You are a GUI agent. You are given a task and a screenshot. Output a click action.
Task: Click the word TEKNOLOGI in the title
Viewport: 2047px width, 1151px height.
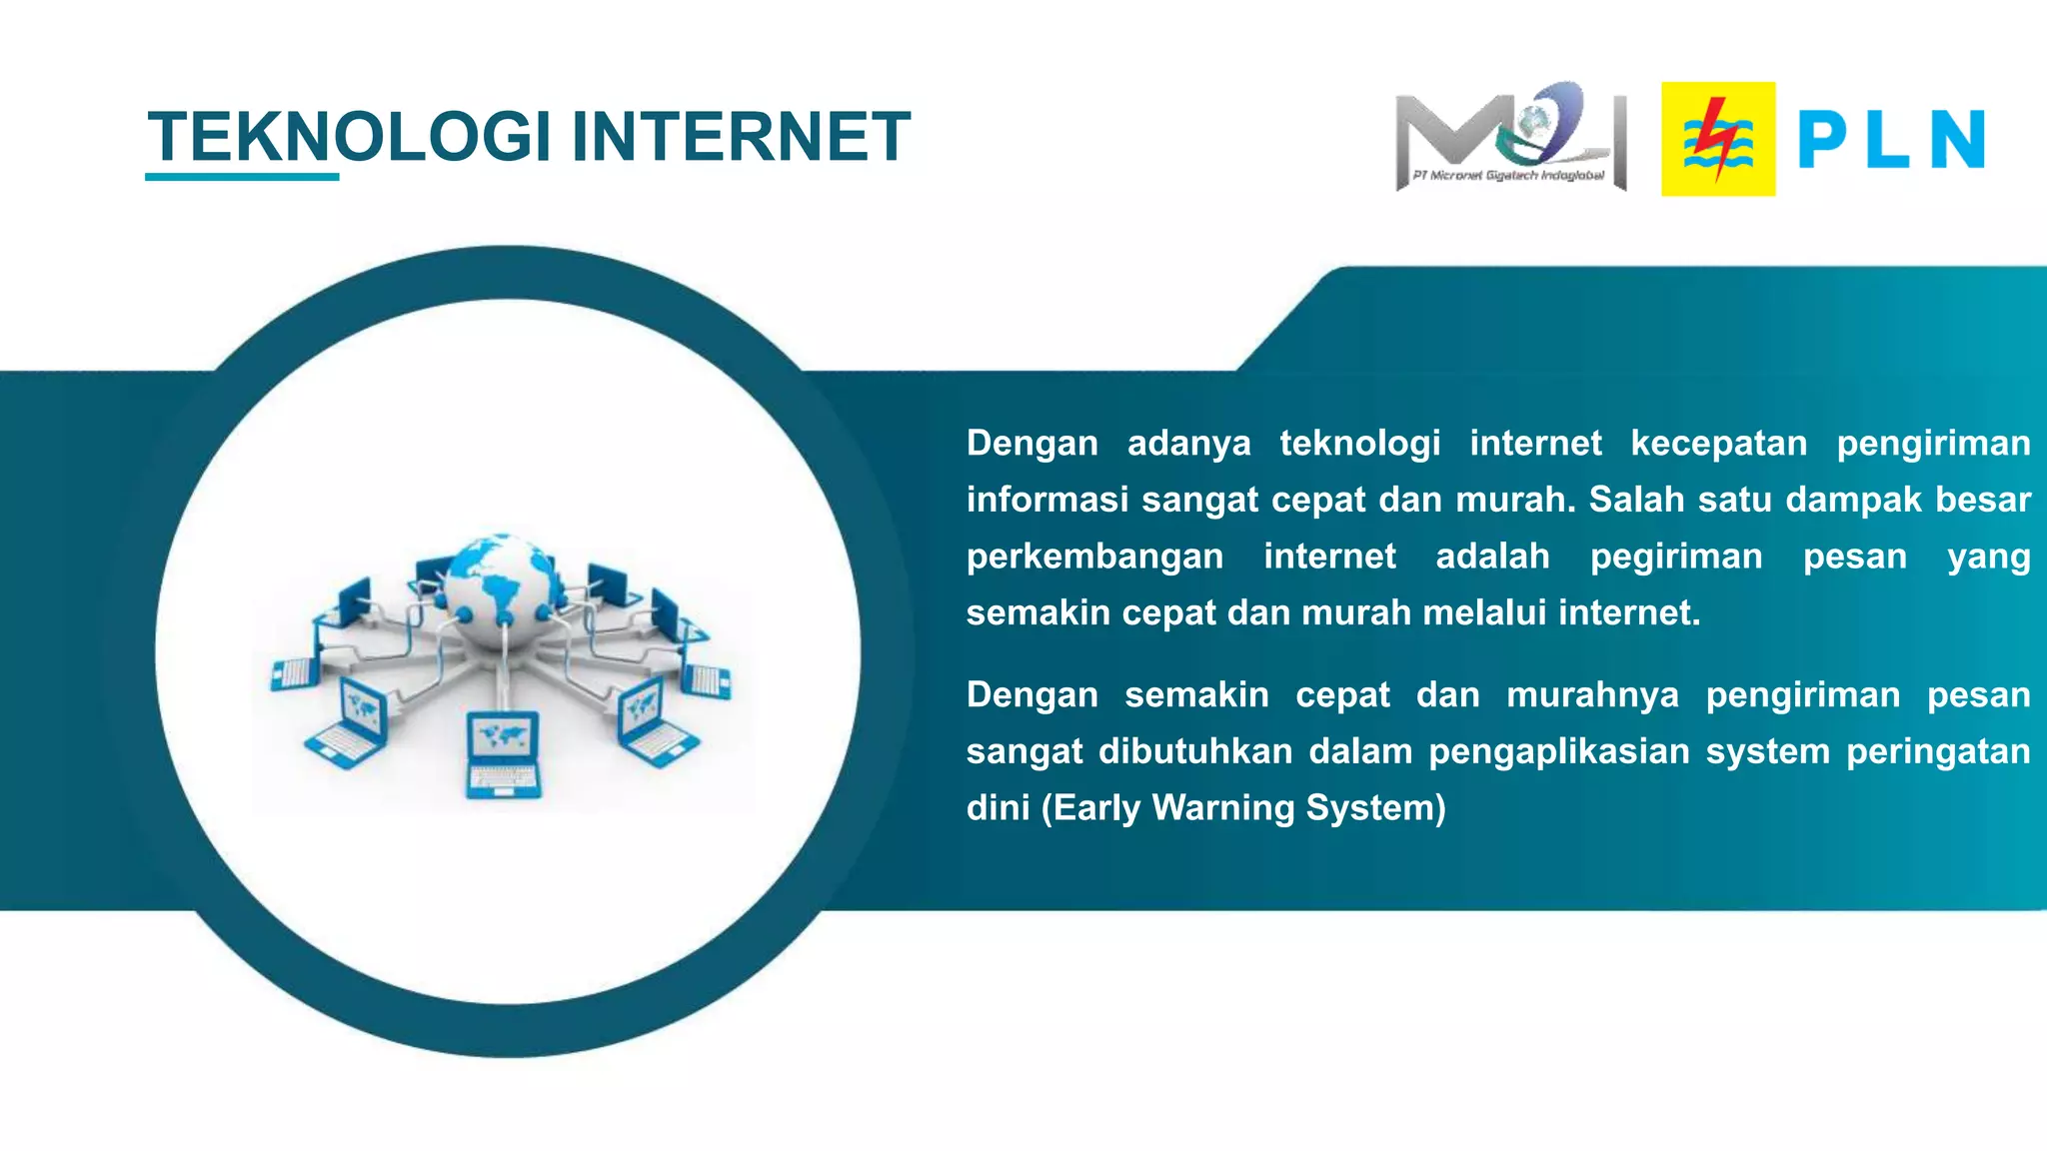(349, 137)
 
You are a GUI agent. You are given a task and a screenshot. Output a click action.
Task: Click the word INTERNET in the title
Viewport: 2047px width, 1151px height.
(741, 137)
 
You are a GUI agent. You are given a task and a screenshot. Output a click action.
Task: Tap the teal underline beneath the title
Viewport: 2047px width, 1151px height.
(242, 177)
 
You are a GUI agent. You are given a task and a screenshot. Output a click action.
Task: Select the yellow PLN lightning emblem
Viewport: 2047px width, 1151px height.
(1718, 139)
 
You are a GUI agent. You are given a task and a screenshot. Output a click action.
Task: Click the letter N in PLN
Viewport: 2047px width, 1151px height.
(1956, 140)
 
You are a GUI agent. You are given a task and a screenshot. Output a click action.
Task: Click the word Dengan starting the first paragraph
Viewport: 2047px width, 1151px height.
(1031, 443)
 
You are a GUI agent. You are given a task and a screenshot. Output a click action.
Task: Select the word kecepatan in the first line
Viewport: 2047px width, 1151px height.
(1718, 443)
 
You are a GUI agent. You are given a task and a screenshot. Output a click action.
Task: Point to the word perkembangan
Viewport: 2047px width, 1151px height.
(1094, 556)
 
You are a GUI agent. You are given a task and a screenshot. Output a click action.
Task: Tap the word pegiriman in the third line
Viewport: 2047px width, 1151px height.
(1676, 556)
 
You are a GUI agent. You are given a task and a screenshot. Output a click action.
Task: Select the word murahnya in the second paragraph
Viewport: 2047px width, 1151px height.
(1592, 694)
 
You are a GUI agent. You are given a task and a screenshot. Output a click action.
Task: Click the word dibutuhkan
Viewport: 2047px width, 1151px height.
(1195, 751)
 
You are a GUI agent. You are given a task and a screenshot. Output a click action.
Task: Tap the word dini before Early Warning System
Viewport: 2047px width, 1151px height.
(998, 807)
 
